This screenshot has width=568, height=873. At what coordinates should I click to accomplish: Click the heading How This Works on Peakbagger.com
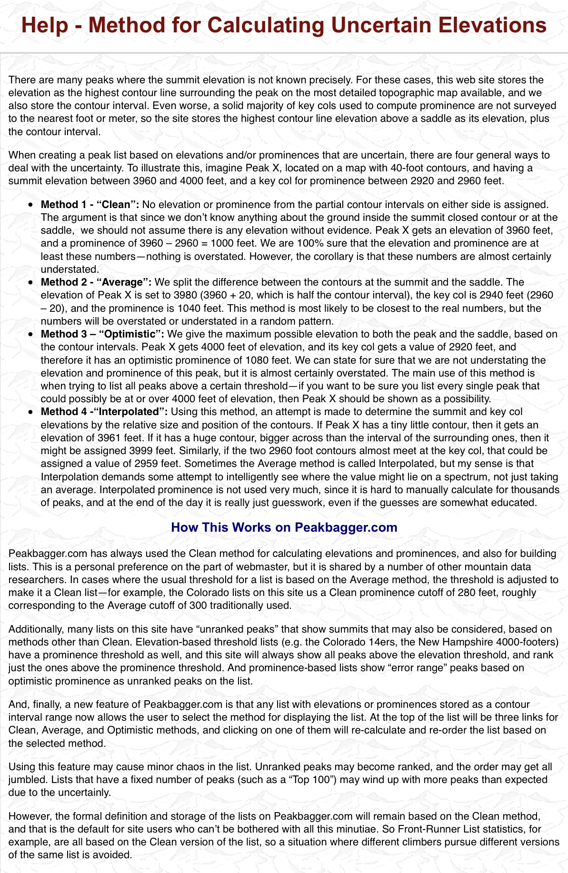click(284, 527)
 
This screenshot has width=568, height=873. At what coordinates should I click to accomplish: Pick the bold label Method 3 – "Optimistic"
click(102, 334)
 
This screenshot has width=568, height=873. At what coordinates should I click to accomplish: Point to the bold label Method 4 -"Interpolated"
click(104, 412)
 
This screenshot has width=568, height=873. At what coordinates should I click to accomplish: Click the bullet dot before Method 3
click(31, 335)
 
